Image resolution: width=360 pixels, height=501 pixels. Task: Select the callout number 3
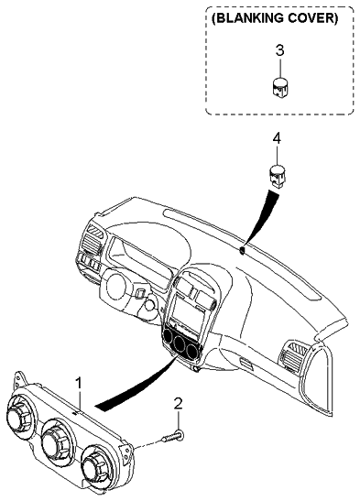[279, 49]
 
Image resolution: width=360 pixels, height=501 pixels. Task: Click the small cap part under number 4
[276, 173]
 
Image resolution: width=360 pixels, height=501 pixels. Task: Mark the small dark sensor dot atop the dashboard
[241, 248]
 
